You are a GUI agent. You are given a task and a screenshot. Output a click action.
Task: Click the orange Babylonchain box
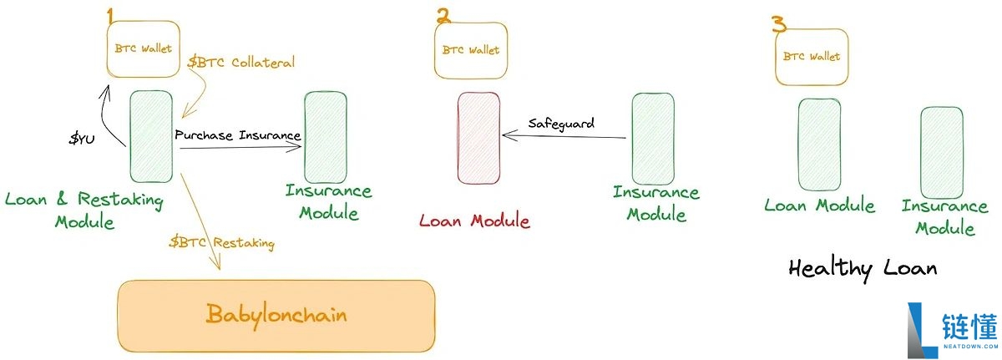point(276,317)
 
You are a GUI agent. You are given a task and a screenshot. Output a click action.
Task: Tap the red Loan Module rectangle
point(478,138)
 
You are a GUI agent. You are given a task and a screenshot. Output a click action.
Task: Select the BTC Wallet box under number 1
point(143,48)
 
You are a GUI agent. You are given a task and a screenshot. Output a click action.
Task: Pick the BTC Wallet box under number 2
point(471,51)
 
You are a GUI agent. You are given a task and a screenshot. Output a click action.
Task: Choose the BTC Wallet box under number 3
point(812,57)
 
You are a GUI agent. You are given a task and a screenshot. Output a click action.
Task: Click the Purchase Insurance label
point(237,135)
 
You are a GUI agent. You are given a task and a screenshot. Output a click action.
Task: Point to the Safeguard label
point(561,124)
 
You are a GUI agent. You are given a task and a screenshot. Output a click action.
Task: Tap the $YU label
point(82,139)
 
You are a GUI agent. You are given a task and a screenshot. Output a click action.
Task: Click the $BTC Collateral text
point(241,62)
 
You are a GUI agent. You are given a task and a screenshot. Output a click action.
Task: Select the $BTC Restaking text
point(222,243)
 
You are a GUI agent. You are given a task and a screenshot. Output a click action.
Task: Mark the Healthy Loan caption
point(863,269)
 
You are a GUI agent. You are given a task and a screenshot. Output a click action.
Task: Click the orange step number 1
point(110,16)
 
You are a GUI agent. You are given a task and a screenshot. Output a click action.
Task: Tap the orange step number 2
point(443,16)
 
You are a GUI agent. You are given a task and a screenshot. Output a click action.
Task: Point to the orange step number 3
point(779,23)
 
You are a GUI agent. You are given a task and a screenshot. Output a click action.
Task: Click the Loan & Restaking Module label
point(84,210)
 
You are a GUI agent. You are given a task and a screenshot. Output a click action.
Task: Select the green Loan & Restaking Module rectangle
point(151,136)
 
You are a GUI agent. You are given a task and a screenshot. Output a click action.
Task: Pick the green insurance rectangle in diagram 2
point(653,139)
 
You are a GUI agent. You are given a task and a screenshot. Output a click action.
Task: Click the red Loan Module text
point(474,221)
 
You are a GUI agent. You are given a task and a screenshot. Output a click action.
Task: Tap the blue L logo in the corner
point(922,330)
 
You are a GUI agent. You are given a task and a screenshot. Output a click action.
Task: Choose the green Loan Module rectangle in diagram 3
point(819,145)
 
